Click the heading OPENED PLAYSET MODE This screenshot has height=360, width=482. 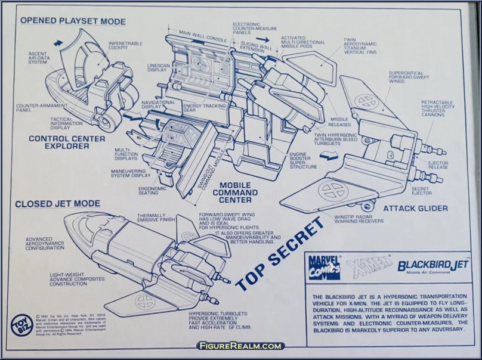tap(73, 21)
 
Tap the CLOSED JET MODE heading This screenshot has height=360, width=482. tap(57, 204)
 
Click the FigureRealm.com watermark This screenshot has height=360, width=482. tap(241, 346)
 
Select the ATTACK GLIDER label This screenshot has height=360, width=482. tap(415, 209)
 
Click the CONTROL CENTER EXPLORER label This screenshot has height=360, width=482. tap(67, 143)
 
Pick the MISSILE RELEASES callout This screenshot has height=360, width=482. tap(339, 122)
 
